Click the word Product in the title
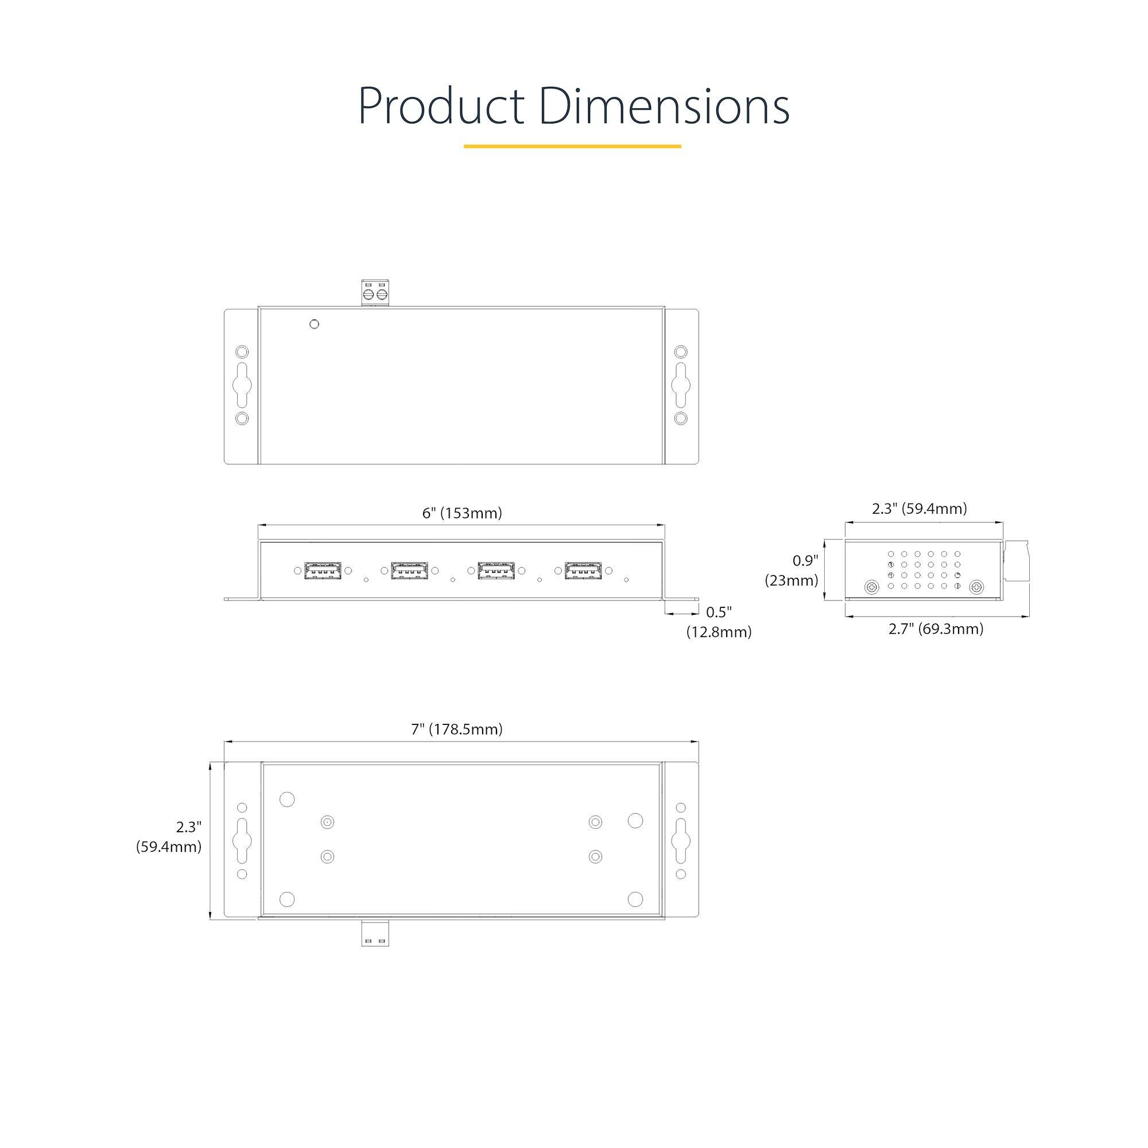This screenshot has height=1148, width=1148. coord(440,107)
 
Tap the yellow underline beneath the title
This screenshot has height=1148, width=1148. coord(572,146)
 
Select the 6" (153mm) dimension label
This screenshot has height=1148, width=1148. coord(461,513)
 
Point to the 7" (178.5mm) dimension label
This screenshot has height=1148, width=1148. coord(456,729)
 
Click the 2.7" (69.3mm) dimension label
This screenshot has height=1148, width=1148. coord(935,629)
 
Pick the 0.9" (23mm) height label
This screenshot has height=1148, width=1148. coord(792,571)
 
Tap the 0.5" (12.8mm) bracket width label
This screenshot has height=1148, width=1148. coord(719,622)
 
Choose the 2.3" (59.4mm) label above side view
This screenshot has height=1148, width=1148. coord(919,509)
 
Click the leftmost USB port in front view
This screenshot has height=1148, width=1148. coord(323,571)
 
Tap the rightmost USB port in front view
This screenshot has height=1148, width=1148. coord(583,571)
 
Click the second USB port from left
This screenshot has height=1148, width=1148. coord(409,571)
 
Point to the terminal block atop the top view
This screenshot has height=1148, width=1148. coord(375,293)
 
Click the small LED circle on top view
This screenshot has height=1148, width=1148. coord(315,324)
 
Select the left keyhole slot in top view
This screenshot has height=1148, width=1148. coord(242,385)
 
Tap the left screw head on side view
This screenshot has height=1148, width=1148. coord(872,587)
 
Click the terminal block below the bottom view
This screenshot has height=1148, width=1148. coord(375,933)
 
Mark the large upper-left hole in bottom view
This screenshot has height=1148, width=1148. coord(287,799)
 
